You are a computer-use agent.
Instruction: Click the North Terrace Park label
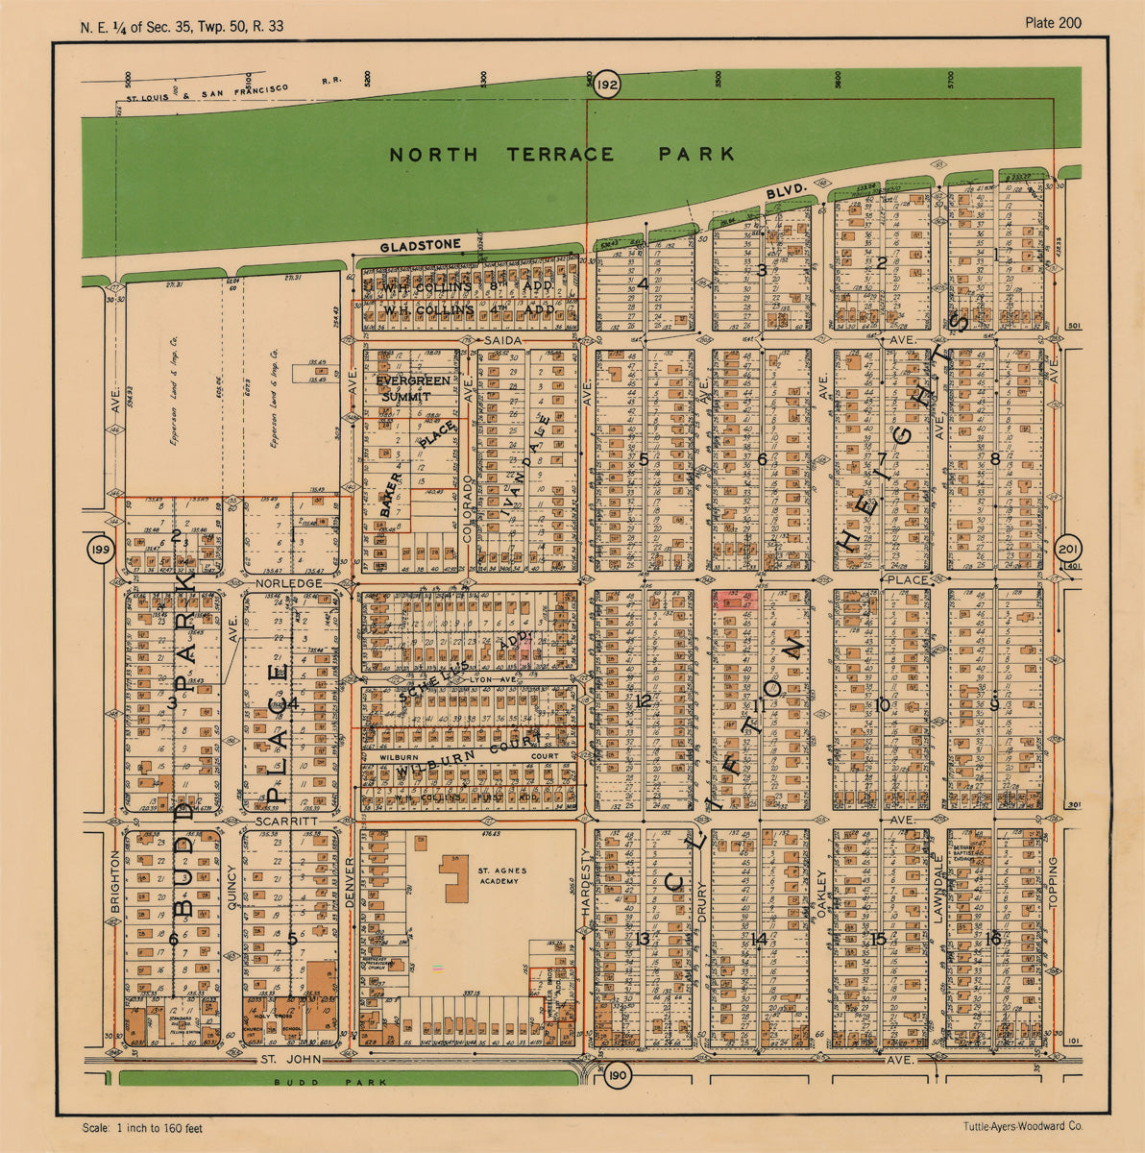(x=562, y=154)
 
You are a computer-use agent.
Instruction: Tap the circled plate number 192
(x=606, y=86)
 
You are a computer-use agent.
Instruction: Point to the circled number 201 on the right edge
(x=1067, y=550)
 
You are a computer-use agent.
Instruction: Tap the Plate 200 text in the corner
(x=1053, y=23)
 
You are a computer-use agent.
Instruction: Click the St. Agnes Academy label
(x=499, y=875)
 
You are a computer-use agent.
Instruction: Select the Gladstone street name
(x=420, y=246)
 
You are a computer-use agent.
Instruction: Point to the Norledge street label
(x=288, y=583)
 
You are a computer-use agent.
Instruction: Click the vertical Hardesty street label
(x=586, y=888)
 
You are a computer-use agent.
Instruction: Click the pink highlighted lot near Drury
(x=736, y=599)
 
